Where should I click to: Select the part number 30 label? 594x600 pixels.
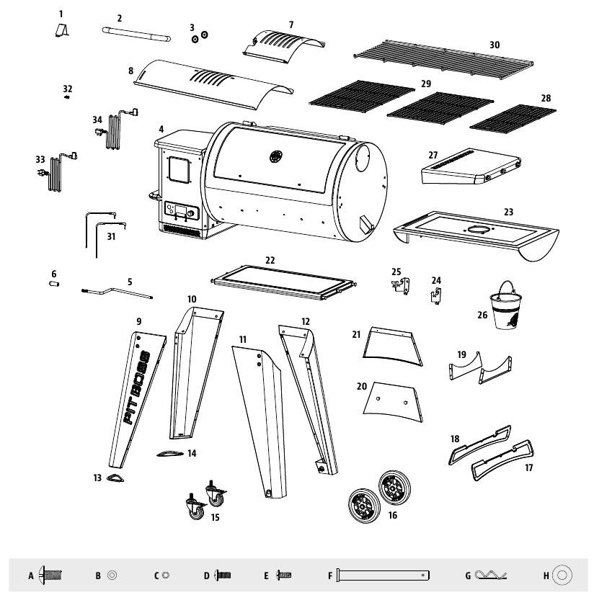tap(495, 45)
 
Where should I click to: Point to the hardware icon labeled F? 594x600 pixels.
tap(383, 575)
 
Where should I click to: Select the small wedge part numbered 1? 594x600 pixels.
tap(63, 31)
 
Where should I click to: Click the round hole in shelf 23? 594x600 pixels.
tap(478, 230)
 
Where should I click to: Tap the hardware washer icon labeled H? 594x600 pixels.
tap(564, 575)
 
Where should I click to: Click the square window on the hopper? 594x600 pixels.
tap(178, 171)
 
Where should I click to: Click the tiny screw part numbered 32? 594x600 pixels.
tap(66, 100)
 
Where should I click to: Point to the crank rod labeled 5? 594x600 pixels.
tap(119, 292)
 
